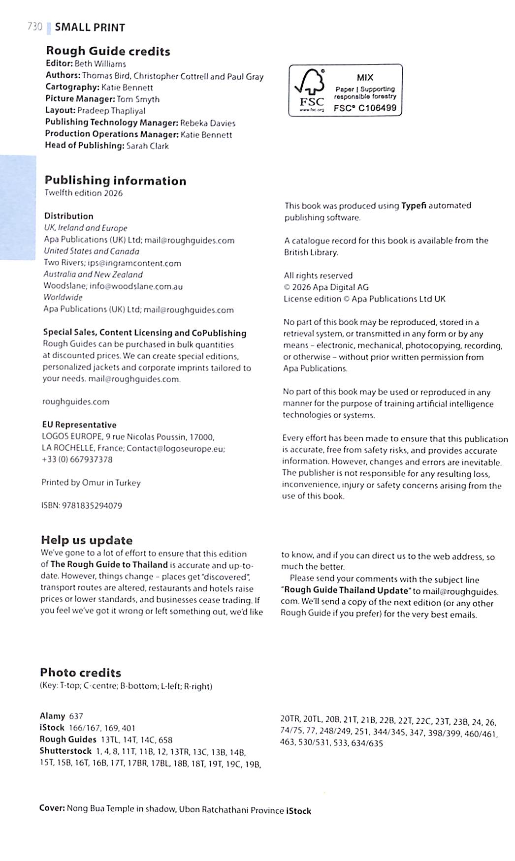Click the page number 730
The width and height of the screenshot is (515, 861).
pyautogui.click(x=34, y=27)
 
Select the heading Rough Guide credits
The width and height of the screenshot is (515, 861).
pyautogui.click(x=108, y=51)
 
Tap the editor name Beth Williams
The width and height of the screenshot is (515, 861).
pyautogui.click(x=100, y=63)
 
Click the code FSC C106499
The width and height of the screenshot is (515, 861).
pyautogui.click(x=365, y=108)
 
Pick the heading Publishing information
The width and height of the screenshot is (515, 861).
pyautogui.click(x=115, y=181)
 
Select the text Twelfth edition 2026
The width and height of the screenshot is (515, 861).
pyautogui.click(x=83, y=193)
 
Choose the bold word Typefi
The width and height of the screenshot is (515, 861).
pyautogui.click(x=413, y=206)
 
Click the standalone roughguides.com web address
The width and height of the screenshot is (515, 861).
pyautogui.click(x=76, y=401)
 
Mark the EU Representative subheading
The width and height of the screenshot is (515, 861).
pyautogui.click(x=79, y=425)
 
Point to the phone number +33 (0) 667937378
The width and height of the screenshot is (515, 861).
pyautogui.click(x=77, y=460)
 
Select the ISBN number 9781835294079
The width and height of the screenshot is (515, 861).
pyautogui.click(x=92, y=505)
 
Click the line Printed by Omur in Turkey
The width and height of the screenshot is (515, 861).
pyautogui.click(x=91, y=483)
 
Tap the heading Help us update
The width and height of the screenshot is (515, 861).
pyautogui.click(x=87, y=540)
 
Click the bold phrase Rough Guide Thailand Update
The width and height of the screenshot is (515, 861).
pyautogui.click(x=347, y=590)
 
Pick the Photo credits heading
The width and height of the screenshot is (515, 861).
pyautogui.click(x=80, y=673)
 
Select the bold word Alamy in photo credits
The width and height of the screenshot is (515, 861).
pyautogui.click(x=52, y=716)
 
